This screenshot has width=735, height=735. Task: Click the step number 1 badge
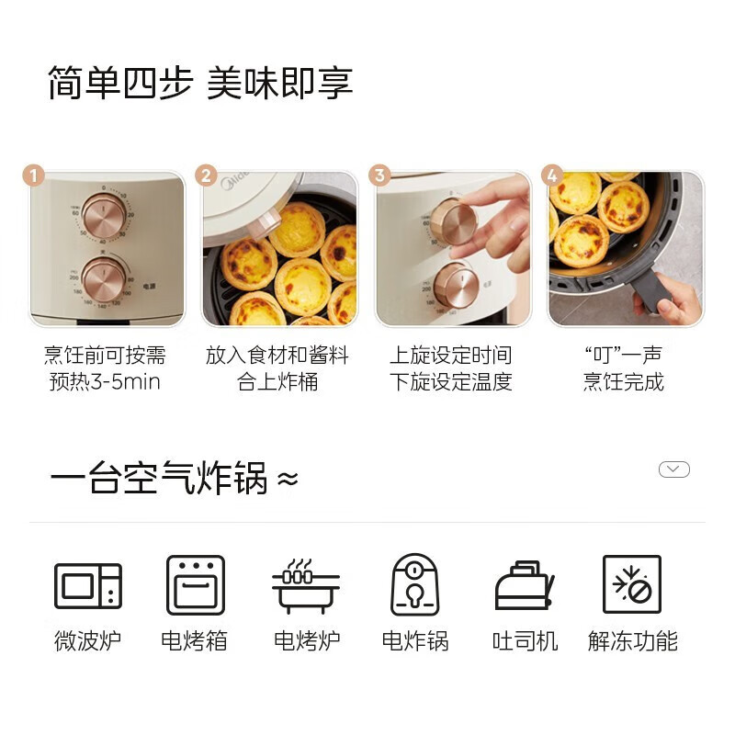(x=34, y=175)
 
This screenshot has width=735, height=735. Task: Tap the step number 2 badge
(x=206, y=175)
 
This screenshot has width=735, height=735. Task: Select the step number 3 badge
(x=379, y=175)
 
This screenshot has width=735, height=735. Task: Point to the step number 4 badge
(x=552, y=175)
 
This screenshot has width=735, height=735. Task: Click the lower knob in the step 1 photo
(x=103, y=278)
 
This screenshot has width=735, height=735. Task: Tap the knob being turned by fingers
(x=453, y=221)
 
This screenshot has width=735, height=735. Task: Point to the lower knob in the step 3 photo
(x=456, y=286)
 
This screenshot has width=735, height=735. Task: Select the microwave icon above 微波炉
(x=88, y=586)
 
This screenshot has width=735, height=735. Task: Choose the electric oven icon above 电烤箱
(x=195, y=585)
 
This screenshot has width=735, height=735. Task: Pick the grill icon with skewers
(x=305, y=585)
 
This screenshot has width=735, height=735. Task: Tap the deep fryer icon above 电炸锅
(x=414, y=585)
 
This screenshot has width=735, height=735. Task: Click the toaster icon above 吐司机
(x=524, y=585)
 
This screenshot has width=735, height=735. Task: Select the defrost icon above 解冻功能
(x=632, y=585)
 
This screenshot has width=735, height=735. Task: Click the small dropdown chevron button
(x=673, y=469)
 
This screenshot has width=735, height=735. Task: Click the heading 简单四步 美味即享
(x=200, y=84)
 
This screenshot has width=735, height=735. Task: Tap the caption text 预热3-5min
(x=105, y=381)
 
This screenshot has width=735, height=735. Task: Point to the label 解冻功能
(x=632, y=641)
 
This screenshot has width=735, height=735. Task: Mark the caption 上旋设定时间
(x=450, y=356)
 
